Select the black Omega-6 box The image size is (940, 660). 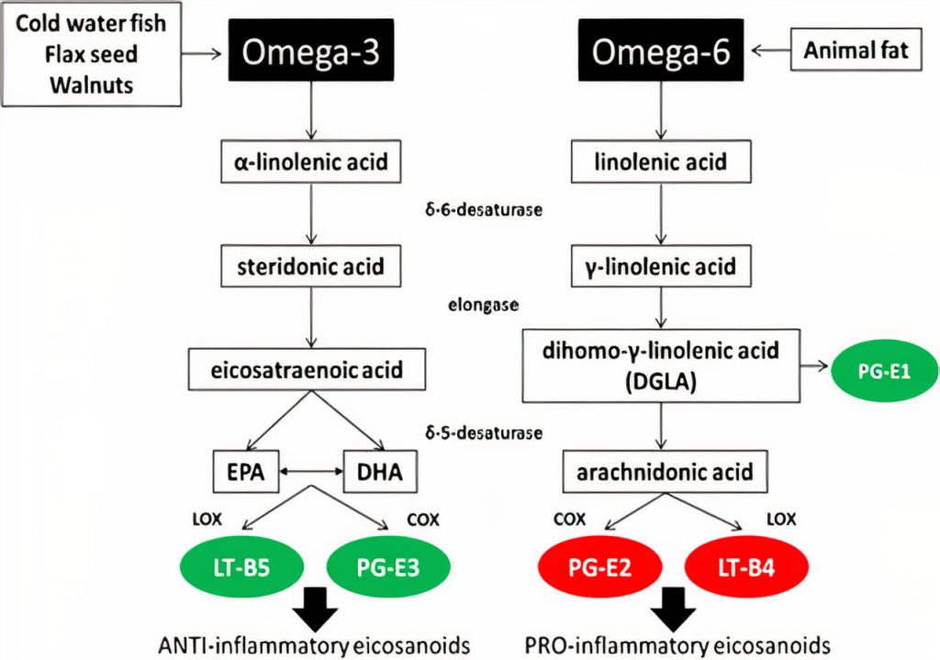tap(660, 52)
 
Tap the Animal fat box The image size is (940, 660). tap(856, 50)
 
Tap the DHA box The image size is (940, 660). tap(378, 474)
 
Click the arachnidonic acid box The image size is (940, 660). tap(665, 474)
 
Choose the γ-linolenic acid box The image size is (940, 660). tap(661, 267)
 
